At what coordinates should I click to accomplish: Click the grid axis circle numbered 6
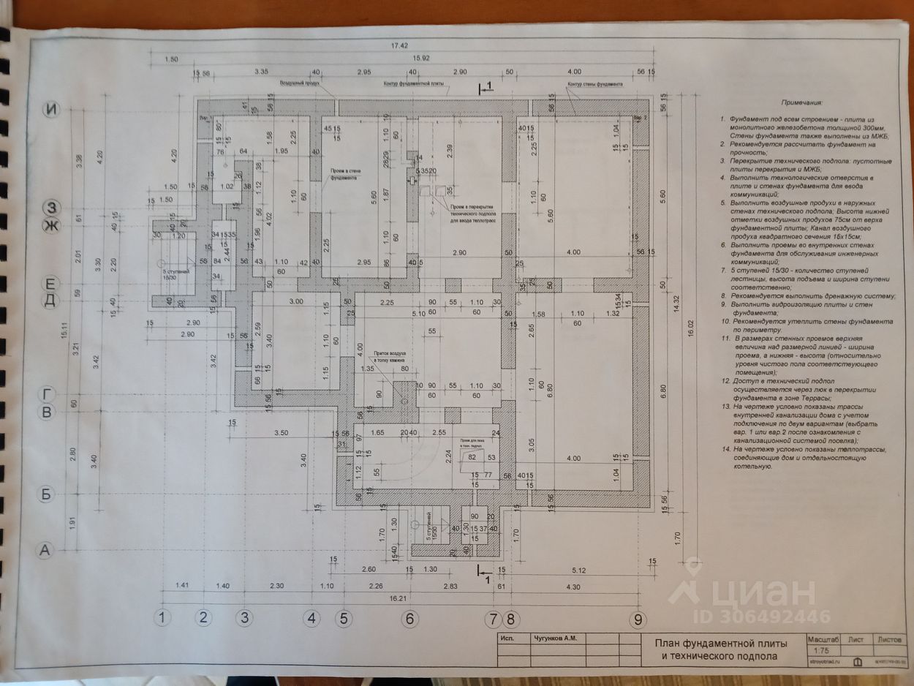coord(410,619)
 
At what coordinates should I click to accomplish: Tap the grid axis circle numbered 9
coord(639,620)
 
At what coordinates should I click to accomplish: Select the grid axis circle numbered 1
coord(163,617)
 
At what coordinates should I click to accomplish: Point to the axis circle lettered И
coord(50,110)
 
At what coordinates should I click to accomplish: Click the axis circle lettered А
coord(45,551)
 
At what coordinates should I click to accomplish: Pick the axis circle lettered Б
coord(46,494)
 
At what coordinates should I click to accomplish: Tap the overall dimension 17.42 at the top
coord(399,45)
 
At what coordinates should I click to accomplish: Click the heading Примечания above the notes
coord(801,104)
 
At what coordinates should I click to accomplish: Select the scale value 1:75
coord(823,649)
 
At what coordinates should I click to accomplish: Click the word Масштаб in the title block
coord(823,638)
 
